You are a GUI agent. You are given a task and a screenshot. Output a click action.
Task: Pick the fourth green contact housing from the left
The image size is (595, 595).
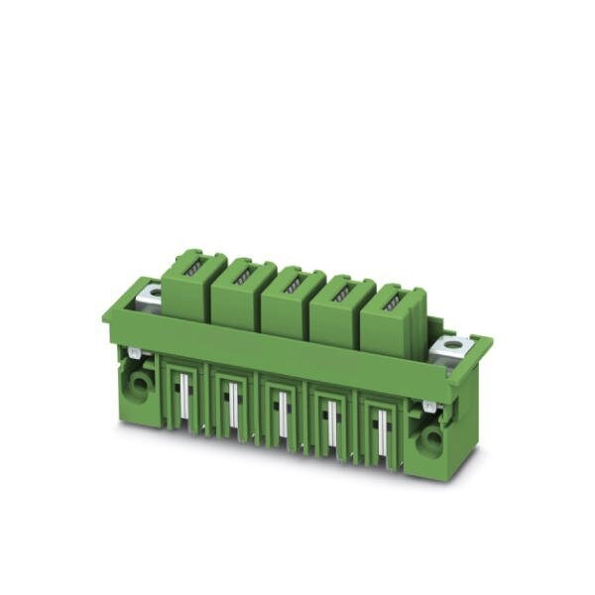point(338,311)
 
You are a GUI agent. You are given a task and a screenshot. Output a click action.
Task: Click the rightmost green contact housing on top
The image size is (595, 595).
point(390,319)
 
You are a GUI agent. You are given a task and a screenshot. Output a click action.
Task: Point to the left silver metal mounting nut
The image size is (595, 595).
point(151,292)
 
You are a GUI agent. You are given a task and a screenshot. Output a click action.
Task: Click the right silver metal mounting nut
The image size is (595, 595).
point(454,346)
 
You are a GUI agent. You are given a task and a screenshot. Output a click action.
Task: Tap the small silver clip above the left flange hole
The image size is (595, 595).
point(133,353)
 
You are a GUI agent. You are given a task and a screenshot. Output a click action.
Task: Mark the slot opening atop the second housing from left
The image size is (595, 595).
point(241,274)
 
